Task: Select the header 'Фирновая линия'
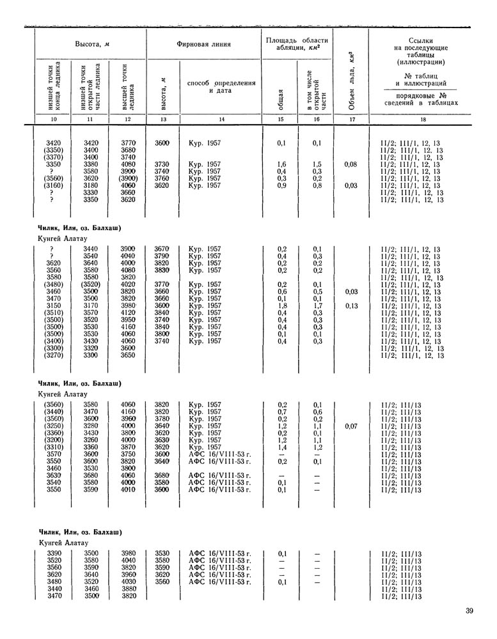pos(203,44)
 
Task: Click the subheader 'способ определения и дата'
pos(221,87)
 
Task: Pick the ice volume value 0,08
pos(350,164)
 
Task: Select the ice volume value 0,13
pos(350,305)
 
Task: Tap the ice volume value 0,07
pos(350,426)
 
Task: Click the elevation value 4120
pos(128,312)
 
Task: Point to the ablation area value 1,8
pos(281,305)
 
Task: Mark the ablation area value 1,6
pos(281,164)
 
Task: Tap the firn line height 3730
pos(162,164)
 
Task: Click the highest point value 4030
pos(128,581)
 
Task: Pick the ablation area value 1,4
pos(281,447)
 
